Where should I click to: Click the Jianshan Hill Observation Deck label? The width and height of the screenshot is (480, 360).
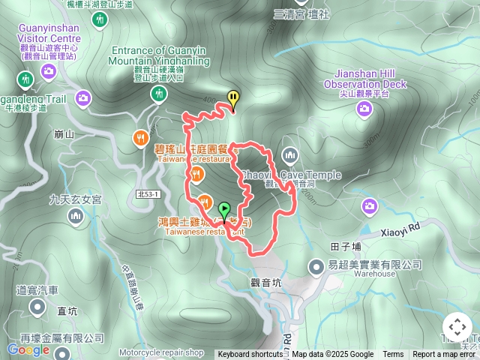(x=365, y=79)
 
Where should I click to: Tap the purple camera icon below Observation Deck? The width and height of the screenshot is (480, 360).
(x=364, y=110)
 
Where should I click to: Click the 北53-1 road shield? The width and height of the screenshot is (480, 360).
(x=148, y=194)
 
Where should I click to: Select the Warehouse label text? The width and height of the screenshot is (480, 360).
(x=375, y=274)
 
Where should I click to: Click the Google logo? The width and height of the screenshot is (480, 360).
(x=28, y=349)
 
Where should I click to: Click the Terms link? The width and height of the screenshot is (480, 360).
(x=393, y=355)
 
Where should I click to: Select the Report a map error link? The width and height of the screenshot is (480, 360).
(x=443, y=355)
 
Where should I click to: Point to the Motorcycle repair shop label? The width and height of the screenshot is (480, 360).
(x=160, y=352)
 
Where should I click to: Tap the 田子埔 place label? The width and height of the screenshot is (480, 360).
(x=346, y=246)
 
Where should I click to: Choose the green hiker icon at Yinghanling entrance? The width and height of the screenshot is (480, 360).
(x=157, y=94)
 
